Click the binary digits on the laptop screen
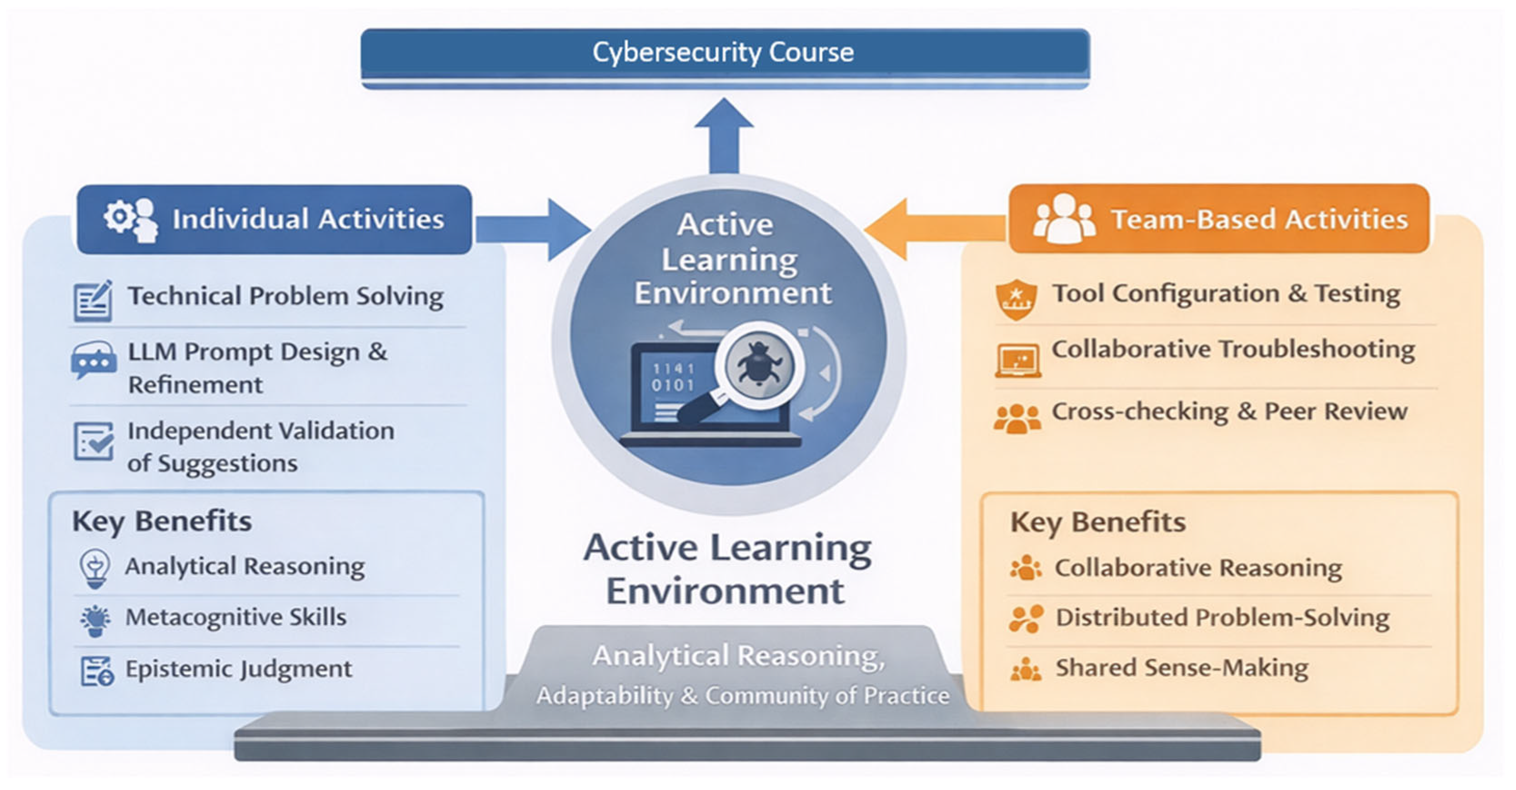(x=673, y=377)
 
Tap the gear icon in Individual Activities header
(x=120, y=217)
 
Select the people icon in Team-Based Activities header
(x=1064, y=219)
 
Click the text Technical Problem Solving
(x=286, y=296)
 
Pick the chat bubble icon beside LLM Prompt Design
(x=93, y=359)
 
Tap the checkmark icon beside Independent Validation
(x=94, y=441)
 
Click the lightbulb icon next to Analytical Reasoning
(x=95, y=568)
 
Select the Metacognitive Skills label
(x=236, y=617)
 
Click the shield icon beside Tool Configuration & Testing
(x=1016, y=299)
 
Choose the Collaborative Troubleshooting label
(x=1233, y=349)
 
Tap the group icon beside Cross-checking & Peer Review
(x=1017, y=418)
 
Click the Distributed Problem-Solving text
(x=1222, y=618)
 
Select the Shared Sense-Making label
(x=1182, y=668)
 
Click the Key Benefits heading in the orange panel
(x=1098, y=522)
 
